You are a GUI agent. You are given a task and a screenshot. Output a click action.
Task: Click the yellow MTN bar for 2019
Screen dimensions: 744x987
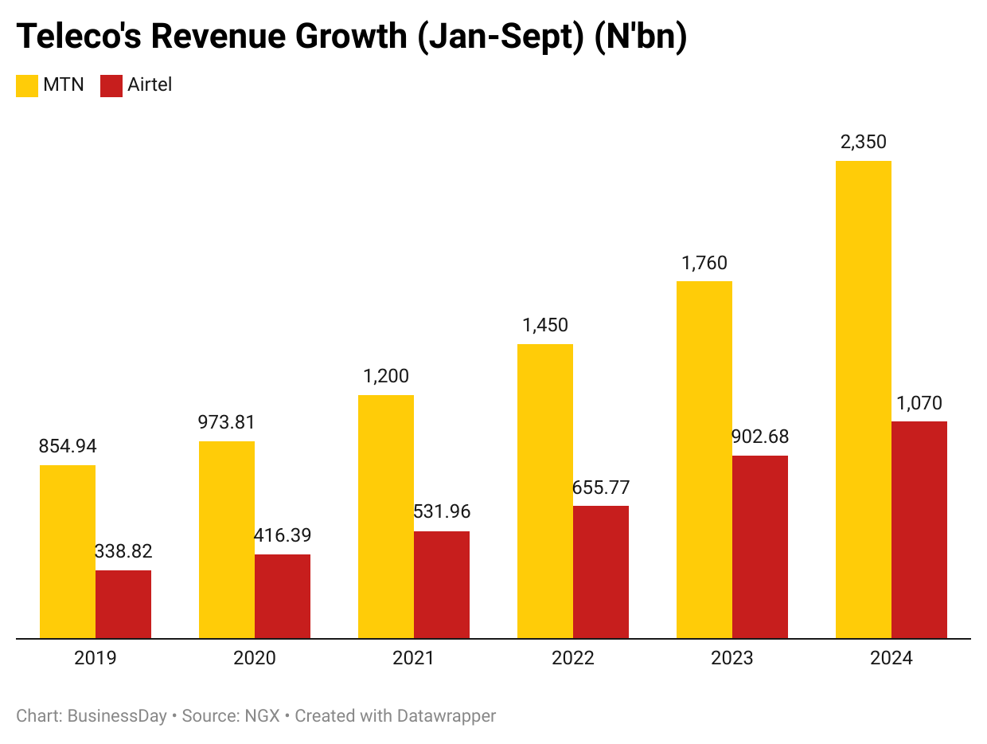(68, 551)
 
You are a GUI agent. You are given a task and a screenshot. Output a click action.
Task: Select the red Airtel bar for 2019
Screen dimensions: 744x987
(123, 604)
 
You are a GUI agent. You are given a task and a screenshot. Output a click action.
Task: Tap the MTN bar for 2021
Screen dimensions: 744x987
(386, 516)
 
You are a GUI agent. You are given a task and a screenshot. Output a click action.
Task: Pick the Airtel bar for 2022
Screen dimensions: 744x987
(601, 572)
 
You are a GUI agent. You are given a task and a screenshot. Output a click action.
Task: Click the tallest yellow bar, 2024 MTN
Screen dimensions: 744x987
(864, 399)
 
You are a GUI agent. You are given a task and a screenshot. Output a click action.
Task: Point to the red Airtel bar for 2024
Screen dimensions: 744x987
(919, 530)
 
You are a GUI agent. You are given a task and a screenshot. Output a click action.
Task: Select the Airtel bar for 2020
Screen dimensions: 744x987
(283, 596)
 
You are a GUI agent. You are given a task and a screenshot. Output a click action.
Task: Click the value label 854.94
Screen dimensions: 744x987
(68, 446)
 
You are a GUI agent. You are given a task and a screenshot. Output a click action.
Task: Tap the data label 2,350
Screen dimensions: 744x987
(864, 143)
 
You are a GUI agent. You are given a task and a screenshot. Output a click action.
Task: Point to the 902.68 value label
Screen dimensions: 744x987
(760, 437)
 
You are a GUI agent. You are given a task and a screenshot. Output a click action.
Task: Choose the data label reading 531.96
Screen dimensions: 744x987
(442, 512)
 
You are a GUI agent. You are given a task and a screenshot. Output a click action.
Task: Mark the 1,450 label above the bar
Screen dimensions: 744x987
(545, 325)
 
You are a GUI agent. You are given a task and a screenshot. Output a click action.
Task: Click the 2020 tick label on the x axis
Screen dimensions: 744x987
(255, 659)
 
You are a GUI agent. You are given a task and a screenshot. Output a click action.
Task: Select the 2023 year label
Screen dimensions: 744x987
(732, 659)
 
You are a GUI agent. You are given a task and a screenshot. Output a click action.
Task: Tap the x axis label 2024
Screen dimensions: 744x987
(891, 659)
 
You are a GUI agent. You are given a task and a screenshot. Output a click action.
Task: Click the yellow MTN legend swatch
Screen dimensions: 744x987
(27, 85)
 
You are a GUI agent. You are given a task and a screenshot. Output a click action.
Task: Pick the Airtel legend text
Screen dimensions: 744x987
(150, 84)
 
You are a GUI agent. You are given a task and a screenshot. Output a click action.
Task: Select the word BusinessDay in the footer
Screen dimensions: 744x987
(117, 716)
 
